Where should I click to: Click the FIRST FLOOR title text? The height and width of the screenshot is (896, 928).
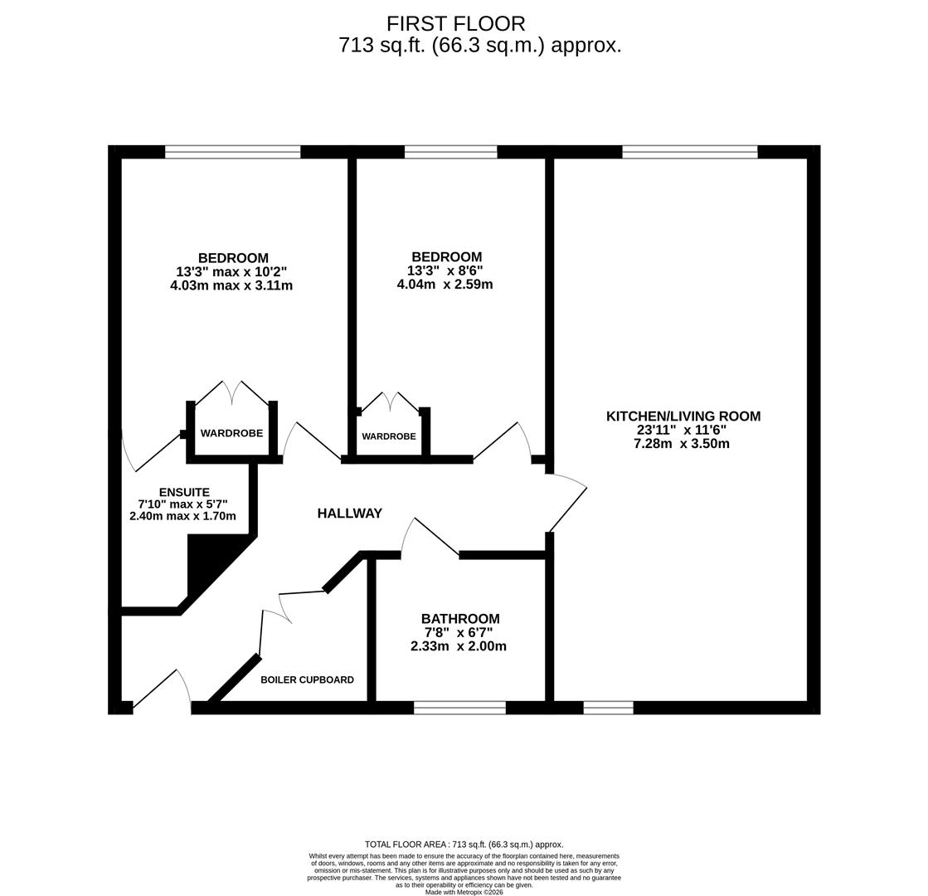click(455, 24)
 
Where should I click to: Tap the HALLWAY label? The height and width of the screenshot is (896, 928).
click(349, 514)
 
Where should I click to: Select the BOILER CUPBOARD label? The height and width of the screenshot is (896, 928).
click(307, 680)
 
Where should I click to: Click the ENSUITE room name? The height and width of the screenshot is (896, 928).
click(184, 492)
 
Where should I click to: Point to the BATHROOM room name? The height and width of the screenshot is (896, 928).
click(460, 619)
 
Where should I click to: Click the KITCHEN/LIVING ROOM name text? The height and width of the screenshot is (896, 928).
click(683, 416)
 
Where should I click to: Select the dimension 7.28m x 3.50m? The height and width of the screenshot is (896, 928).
click(681, 444)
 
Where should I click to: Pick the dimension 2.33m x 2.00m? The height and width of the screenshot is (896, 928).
click(458, 646)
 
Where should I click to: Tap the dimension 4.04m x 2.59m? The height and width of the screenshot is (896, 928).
click(445, 285)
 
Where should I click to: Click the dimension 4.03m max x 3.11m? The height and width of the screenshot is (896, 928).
click(231, 285)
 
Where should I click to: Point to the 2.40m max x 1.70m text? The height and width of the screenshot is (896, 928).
click(182, 516)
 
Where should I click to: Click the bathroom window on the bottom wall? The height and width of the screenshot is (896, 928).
click(459, 708)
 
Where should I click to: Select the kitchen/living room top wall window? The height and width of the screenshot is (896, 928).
click(689, 152)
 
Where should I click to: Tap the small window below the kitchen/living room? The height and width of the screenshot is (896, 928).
click(608, 708)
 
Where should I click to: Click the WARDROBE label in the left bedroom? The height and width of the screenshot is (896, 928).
click(231, 433)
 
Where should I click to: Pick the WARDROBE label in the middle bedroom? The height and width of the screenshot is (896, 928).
click(388, 436)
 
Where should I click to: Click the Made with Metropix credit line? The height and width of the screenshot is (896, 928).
click(464, 892)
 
